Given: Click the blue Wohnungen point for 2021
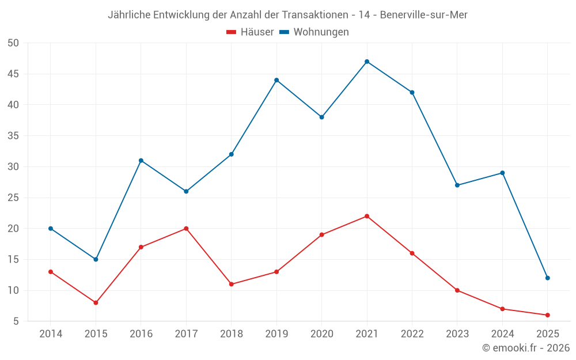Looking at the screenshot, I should (367, 62).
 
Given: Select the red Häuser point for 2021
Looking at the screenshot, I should (367, 216).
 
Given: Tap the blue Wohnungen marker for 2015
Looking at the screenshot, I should (96, 259).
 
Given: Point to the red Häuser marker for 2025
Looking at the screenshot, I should (547, 315).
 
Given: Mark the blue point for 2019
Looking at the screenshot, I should (276, 80).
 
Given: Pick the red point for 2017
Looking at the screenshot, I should (186, 229).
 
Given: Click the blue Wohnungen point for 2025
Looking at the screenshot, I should (547, 278).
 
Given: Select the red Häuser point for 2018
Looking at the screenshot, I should (231, 284).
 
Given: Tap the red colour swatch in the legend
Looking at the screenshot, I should (231, 32).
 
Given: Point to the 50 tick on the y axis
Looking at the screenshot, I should (14, 43).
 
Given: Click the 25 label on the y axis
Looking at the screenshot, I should (14, 198).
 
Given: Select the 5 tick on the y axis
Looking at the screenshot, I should (16, 321).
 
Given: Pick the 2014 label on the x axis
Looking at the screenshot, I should (51, 334).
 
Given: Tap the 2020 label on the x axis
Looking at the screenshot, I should (321, 334).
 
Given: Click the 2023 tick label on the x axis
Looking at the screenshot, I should (457, 334).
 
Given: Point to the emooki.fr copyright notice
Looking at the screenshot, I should (526, 348).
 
